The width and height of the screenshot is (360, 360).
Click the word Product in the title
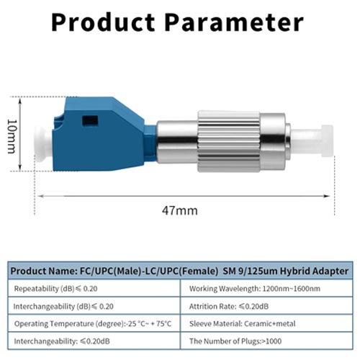click(103, 22)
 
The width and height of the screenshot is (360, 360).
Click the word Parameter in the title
click(234, 22)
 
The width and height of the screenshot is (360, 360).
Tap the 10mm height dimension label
click(12, 136)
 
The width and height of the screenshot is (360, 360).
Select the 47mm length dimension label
click(180, 210)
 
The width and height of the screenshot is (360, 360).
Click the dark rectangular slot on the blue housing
click(90, 121)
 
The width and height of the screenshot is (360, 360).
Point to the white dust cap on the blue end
click(43, 144)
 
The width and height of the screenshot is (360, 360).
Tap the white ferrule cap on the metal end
click(312, 141)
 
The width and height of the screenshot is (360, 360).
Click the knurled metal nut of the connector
click(229, 141)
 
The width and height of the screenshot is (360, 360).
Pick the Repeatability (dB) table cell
click(94, 288)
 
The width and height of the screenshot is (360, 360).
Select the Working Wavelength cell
click(266, 288)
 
